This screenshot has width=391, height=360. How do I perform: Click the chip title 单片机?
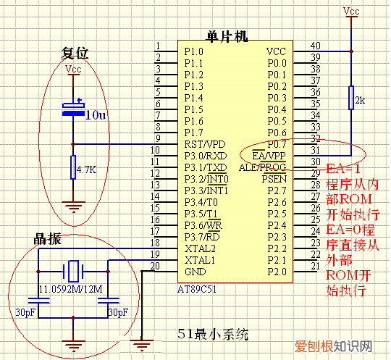click(x=227, y=36)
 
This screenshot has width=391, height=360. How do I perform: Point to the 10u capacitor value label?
click(x=96, y=114)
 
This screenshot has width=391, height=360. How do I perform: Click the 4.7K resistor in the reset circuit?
click(x=73, y=168)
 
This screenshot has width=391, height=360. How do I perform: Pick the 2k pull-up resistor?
click(x=351, y=99)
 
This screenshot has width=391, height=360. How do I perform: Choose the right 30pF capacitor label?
click(x=117, y=311)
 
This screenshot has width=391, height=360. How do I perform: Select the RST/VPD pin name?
click(x=203, y=143)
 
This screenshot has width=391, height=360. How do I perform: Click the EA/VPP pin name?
click(x=268, y=155)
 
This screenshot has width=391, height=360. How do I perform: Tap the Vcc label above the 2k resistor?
click(x=350, y=11)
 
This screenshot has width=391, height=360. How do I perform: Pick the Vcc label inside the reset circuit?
click(x=73, y=70)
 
